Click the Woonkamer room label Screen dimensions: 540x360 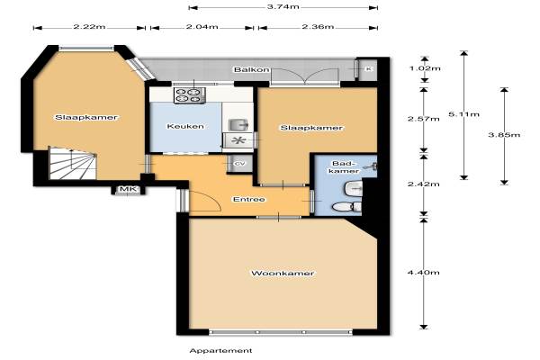[283, 274]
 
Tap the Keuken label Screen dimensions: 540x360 [185, 126]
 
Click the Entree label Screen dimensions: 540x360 [249, 199]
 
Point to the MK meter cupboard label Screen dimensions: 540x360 [128, 189]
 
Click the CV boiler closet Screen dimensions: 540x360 [239, 164]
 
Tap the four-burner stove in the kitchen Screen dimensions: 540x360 [189, 95]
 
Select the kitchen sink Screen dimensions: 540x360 [238, 124]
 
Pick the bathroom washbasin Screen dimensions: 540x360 [354, 188]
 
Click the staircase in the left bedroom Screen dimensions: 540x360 [73, 163]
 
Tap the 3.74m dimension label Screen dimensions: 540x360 [283, 6]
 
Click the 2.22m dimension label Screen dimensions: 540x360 [89, 26]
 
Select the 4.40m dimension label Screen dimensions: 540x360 [424, 273]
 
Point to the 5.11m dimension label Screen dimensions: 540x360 [463, 114]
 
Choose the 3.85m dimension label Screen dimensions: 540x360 [504, 135]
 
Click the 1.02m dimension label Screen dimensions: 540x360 [425, 68]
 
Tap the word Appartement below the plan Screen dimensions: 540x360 [220, 351]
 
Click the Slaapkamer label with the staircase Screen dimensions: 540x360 [86, 118]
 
